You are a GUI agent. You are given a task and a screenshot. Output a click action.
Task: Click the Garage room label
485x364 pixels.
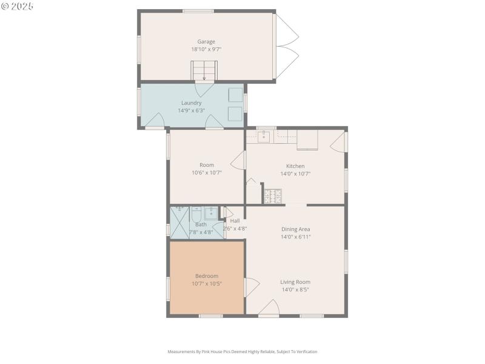(x=206, y=42)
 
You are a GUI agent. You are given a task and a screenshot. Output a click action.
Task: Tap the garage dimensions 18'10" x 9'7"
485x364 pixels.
(x=206, y=49)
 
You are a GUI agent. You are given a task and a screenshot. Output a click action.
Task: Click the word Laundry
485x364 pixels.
(x=191, y=103)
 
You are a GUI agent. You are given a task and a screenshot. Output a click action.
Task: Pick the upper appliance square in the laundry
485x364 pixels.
(x=235, y=95)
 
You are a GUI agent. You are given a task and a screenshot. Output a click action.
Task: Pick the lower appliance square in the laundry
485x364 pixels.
(x=235, y=113)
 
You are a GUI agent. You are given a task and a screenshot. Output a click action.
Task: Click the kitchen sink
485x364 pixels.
(x=264, y=136)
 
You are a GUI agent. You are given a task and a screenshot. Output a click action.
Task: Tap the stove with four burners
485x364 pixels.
(x=272, y=195)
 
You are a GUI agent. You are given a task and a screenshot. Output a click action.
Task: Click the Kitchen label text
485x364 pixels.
(x=295, y=166)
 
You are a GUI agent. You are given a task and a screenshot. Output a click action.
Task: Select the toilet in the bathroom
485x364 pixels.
(x=196, y=214)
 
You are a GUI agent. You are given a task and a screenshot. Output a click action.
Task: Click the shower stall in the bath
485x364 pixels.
(x=179, y=223)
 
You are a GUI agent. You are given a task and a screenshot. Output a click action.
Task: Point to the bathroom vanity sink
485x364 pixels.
(x=210, y=213)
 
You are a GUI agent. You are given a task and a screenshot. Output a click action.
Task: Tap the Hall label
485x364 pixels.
(x=235, y=221)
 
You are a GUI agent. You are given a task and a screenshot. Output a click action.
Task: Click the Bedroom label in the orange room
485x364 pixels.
(x=206, y=276)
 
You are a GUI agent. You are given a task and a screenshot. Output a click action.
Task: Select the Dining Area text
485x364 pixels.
(x=295, y=229)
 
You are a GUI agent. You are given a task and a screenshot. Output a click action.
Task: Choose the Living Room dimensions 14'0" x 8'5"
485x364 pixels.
(x=295, y=290)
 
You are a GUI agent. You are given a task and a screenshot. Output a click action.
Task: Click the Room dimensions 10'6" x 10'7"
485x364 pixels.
(x=207, y=172)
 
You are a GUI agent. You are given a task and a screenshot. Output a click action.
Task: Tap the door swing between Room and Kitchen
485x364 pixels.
(x=238, y=161)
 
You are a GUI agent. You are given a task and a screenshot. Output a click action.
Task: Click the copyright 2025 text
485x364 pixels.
(x=18, y=5)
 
